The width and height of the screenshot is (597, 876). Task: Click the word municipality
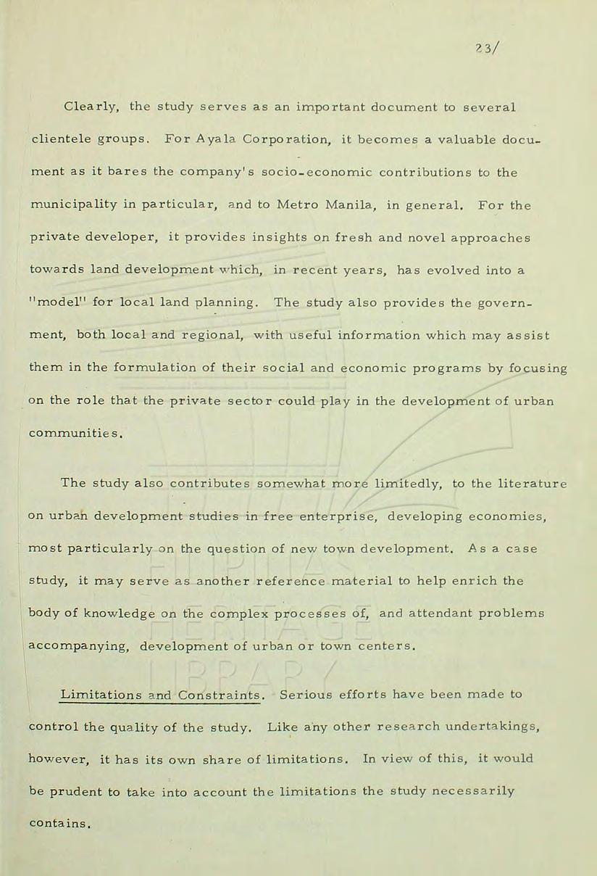[x=70, y=205]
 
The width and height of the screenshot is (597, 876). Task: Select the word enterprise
[x=340, y=516]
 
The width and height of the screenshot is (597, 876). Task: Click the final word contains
[x=61, y=824]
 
